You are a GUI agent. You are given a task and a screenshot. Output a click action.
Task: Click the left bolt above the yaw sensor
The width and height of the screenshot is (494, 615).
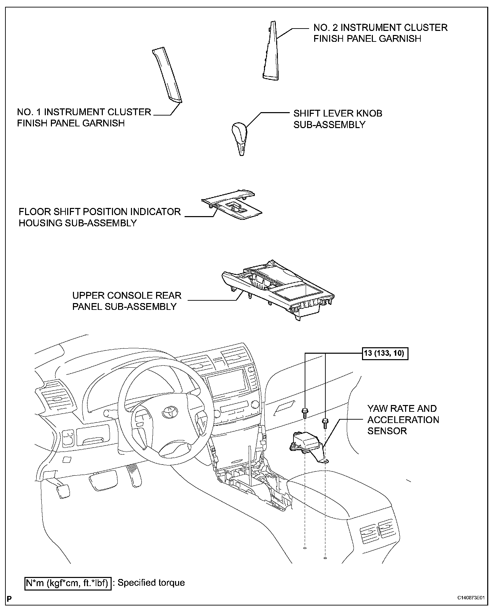pyautogui.click(x=305, y=414)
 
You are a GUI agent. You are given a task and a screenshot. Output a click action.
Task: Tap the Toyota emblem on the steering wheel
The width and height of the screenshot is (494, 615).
pyautogui.click(x=168, y=412)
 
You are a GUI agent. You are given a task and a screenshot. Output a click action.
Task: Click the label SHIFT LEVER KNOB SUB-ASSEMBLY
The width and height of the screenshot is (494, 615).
pyautogui.click(x=338, y=119)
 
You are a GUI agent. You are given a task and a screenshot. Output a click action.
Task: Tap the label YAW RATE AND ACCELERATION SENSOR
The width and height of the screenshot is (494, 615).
pyautogui.click(x=403, y=420)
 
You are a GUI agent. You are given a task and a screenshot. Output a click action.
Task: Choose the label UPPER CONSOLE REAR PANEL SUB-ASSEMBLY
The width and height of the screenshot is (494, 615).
pyautogui.click(x=127, y=301)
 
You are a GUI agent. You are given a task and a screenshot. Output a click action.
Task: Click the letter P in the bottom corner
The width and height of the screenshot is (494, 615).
pyautogui.click(x=9, y=607)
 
